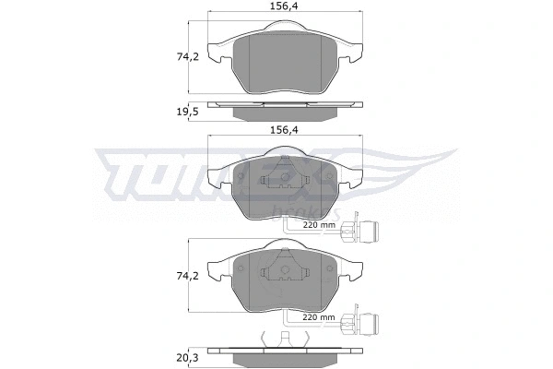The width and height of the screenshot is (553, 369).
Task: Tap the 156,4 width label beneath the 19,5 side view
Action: (281, 130)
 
